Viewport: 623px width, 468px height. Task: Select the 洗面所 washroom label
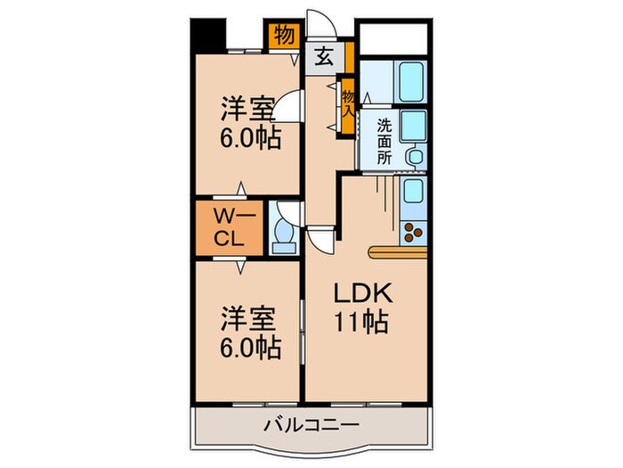pyautogui.click(x=384, y=140)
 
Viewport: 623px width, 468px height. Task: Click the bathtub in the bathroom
pyautogui.click(x=411, y=82)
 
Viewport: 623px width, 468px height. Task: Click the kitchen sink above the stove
pyautogui.click(x=413, y=190)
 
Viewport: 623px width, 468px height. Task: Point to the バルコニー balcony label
pyautogui.click(x=309, y=424)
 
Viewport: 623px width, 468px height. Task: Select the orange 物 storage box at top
pyautogui.click(x=283, y=37)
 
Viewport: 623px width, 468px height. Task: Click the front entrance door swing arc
pyautogui.click(x=318, y=27)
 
